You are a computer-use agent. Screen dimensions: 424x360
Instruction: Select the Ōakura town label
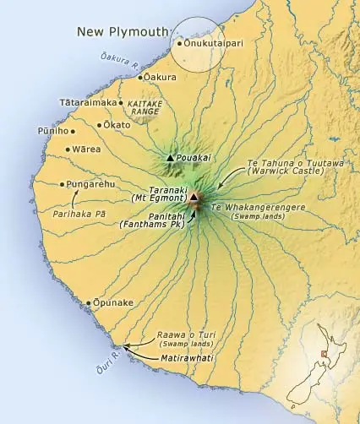coord(161,77)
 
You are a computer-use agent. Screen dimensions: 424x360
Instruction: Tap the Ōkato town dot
coord(101,125)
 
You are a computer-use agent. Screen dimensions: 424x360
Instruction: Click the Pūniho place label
coord(52,131)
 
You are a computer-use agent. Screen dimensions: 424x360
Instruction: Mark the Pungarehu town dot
coord(62,184)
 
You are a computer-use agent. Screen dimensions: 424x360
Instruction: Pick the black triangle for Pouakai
coord(170,157)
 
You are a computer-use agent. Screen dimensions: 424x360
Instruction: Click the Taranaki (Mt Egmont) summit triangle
coord(194,198)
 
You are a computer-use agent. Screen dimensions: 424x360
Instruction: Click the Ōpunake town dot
coord(89,302)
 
